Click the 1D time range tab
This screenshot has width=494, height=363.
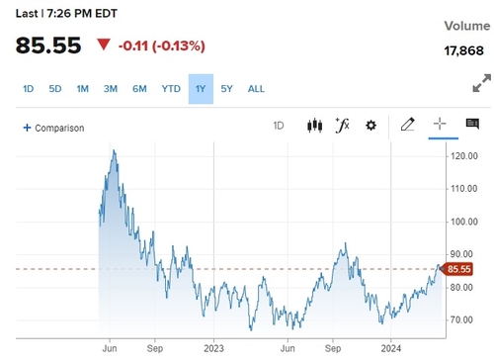(x=28, y=89)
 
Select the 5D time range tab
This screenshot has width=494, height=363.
(x=55, y=89)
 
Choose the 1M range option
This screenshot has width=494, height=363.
(x=83, y=89)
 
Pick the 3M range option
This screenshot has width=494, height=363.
(x=111, y=89)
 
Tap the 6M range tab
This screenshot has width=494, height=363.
(x=139, y=89)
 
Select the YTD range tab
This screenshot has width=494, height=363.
(x=171, y=89)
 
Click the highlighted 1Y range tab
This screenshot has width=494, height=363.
(x=201, y=89)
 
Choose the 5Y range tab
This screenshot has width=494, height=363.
(x=227, y=89)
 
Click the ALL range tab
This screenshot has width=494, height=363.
(x=256, y=89)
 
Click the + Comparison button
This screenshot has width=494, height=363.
(x=53, y=128)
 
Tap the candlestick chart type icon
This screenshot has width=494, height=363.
(x=315, y=126)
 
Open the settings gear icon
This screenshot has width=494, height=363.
(x=370, y=126)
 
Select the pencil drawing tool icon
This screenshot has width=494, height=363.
(x=407, y=126)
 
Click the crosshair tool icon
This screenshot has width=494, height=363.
(x=440, y=126)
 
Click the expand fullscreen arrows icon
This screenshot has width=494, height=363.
(x=481, y=84)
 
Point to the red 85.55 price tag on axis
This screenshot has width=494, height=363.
(x=458, y=268)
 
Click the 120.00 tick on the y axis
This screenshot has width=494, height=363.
(x=463, y=156)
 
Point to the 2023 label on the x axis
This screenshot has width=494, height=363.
(x=214, y=348)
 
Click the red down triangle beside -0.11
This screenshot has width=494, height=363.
(x=104, y=45)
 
